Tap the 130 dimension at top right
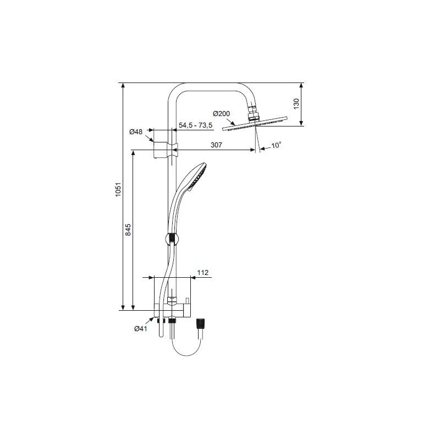pyautogui.click(x=295, y=104)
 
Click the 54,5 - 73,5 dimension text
pyautogui.click(x=196, y=126)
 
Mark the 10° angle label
pyautogui.click(x=277, y=145)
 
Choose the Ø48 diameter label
pyautogui.click(x=136, y=132)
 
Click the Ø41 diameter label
pyautogui.click(x=141, y=328)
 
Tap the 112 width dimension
pyautogui.click(x=202, y=272)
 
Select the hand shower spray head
pyautogui.click(x=196, y=176)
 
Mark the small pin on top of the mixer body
pyautogui.click(x=187, y=300)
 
